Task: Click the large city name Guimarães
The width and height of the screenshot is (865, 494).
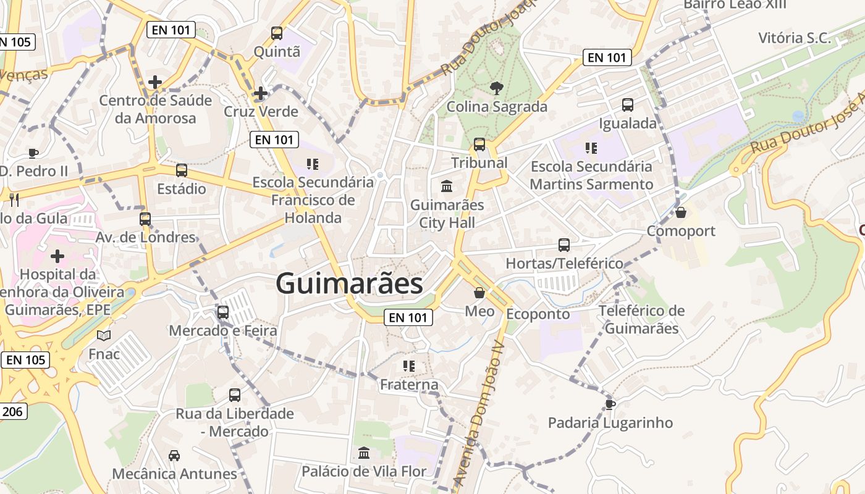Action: (349, 284)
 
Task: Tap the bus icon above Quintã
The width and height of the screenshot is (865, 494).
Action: (277, 33)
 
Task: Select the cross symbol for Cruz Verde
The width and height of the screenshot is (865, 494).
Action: (261, 93)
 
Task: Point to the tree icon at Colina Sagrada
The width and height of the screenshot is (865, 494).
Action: (496, 88)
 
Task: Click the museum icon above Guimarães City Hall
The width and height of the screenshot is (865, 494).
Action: (446, 186)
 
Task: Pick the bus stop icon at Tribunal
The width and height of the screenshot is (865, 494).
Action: (479, 144)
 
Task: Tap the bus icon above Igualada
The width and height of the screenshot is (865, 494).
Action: (628, 105)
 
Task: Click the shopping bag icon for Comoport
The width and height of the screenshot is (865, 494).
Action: (681, 212)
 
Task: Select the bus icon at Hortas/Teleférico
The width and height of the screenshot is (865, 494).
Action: (564, 245)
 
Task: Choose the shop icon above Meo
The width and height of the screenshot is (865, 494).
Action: (479, 293)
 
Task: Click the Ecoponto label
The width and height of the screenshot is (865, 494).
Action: (538, 314)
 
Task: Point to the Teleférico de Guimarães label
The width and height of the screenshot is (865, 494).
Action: (641, 319)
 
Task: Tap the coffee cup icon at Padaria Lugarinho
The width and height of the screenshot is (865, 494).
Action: (610, 404)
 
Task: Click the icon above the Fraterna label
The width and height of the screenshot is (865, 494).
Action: (408, 366)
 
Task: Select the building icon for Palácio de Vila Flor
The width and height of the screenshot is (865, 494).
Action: (364, 453)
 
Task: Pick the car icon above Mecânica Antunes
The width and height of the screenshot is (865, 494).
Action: (174, 456)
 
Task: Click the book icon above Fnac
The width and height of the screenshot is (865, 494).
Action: (104, 336)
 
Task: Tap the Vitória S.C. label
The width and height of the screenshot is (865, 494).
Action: (795, 38)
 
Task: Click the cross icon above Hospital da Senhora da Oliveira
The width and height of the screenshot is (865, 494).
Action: (57, 256)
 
